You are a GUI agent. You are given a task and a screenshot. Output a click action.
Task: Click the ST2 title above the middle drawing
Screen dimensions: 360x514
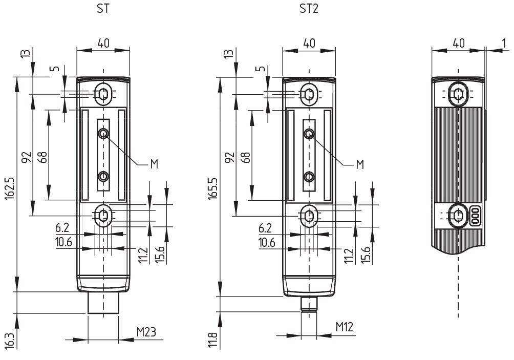[309, 9]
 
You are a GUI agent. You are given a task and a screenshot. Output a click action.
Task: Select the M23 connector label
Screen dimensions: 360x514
[146, 332]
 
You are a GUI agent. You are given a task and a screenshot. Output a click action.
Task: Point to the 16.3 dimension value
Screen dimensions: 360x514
[9, 340]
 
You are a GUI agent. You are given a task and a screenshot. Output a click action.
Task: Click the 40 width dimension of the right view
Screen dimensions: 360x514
[459, 43]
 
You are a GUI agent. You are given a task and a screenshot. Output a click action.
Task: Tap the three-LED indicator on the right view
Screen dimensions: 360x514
[475, 216]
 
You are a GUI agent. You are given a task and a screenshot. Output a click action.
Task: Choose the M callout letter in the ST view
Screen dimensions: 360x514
[154, 164]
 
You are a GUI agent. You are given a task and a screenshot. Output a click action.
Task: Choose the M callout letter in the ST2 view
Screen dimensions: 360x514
[359, 164]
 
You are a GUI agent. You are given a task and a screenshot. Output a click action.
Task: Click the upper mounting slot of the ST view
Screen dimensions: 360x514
[103, 94]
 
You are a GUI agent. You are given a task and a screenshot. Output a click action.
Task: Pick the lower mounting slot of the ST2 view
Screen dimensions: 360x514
[308, 216]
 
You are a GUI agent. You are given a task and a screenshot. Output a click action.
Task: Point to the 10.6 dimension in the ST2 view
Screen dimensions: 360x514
[267, 242]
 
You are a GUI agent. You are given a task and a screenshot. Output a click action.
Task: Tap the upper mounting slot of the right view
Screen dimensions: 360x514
[458, 93]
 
